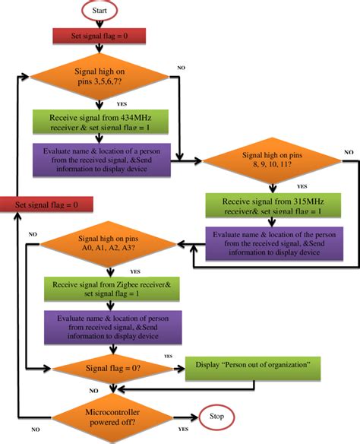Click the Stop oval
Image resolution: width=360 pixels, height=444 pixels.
click(216, 417)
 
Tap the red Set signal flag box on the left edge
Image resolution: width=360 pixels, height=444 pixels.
click(46, 204)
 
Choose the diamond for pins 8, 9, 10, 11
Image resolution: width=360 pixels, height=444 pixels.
click(272, 162)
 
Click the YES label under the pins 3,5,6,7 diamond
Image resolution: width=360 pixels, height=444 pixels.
click(122, 104)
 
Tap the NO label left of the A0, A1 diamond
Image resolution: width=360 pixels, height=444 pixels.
click(32, 234)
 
